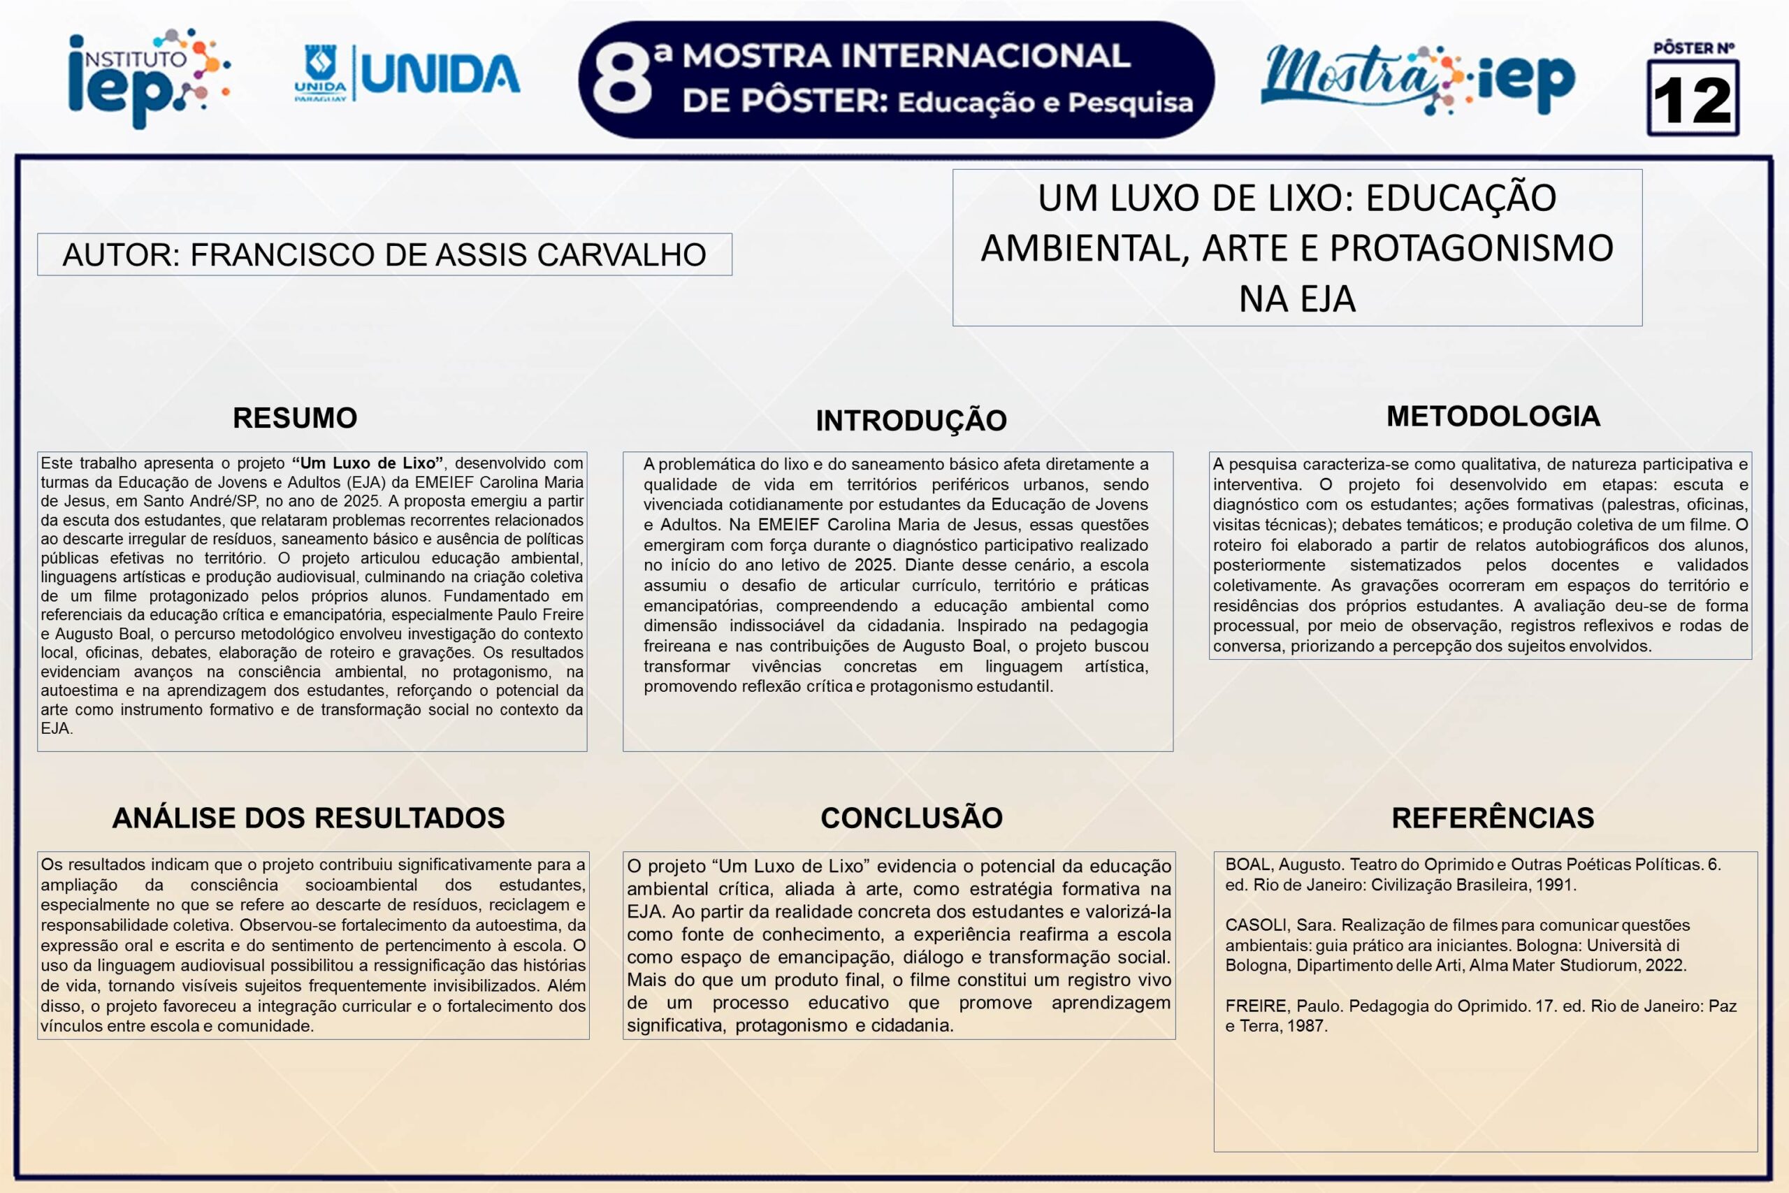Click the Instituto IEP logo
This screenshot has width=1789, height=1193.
[148, 78]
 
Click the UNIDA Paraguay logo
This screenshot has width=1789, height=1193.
[407, 74]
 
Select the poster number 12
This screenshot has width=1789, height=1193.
[1693, 100]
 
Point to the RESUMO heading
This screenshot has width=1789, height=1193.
[295, 418]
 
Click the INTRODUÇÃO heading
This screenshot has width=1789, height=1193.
[911, 420]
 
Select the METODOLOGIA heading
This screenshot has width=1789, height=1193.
[1493, 416]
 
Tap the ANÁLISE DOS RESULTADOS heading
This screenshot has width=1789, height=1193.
[308, 817]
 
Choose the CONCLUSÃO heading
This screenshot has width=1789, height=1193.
[911, 817]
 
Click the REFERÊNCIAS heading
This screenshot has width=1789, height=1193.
[1493, 817]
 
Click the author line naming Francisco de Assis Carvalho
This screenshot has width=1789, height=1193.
[384, 254]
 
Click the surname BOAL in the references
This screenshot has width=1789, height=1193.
[1247, 865]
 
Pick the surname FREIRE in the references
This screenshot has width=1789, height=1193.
[1256, 1006]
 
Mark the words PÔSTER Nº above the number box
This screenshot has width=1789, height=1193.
[1693, 49]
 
